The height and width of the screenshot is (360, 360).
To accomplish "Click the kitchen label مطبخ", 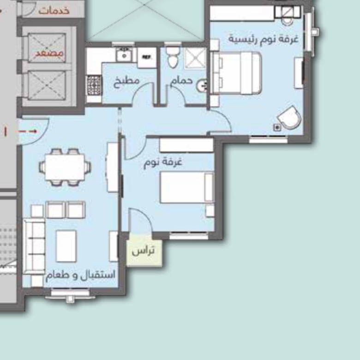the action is pos(126,81).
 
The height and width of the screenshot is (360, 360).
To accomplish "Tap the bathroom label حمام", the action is pos(181,81).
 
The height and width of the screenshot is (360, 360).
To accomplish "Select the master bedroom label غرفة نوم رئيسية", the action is pos(264,39).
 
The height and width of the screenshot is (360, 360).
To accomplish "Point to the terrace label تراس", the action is pos(143,251).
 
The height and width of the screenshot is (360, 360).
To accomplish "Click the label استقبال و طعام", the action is pos(80,275).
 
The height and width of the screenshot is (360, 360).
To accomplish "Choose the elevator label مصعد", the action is pos(49,53).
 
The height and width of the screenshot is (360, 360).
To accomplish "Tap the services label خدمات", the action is pos(54,11).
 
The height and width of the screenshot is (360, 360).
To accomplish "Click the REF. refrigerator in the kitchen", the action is pos(147,57).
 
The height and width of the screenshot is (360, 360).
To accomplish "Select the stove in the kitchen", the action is pos(94,85).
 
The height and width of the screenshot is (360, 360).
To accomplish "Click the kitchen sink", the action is pos(124,54).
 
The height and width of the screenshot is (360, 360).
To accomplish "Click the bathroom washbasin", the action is pos(202,86).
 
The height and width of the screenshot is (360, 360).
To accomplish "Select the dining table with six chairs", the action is pos(65,167).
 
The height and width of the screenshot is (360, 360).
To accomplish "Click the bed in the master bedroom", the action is pos(236,73).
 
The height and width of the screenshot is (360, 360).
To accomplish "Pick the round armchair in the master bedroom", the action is pos(290,118).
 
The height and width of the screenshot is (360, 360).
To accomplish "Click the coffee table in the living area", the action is pos(66,246).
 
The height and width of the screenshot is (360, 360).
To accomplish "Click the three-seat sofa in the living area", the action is pos(35,246).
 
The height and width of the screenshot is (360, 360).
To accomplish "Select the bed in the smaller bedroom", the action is pos(187,187).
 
